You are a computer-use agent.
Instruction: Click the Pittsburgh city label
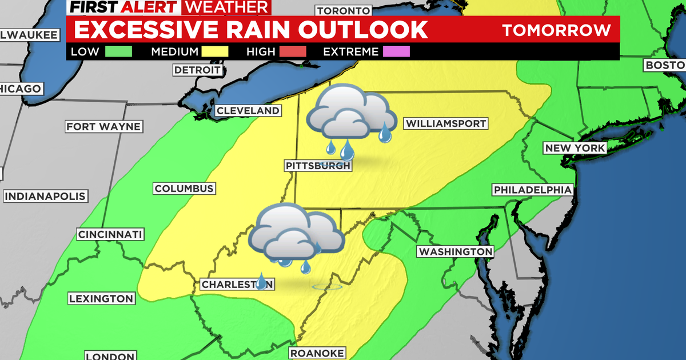click(x=317, y=166)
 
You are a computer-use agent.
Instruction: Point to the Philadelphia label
click(x=532, y=190)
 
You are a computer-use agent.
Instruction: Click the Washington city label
click(x=455, y=251)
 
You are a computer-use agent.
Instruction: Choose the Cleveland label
click(x=248, y=111)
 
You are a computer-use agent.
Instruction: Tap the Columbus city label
click(x=184, y=189)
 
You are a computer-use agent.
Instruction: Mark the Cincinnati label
click(x=110, y=234)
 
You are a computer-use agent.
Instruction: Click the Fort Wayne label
click(x=103, y=126)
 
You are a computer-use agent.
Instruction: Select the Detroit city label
click(x=197, y=70)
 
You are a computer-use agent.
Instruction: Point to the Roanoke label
click(x=316, y=353)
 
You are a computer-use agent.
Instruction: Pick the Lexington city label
click(x=101, y=298)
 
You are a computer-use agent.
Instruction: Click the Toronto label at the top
click(x=343, y=11)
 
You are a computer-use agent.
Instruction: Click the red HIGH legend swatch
click(x=293, y=51)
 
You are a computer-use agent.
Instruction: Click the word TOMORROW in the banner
click(x=556, y=30)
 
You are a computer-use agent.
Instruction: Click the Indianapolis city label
click(x=45, y=197)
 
